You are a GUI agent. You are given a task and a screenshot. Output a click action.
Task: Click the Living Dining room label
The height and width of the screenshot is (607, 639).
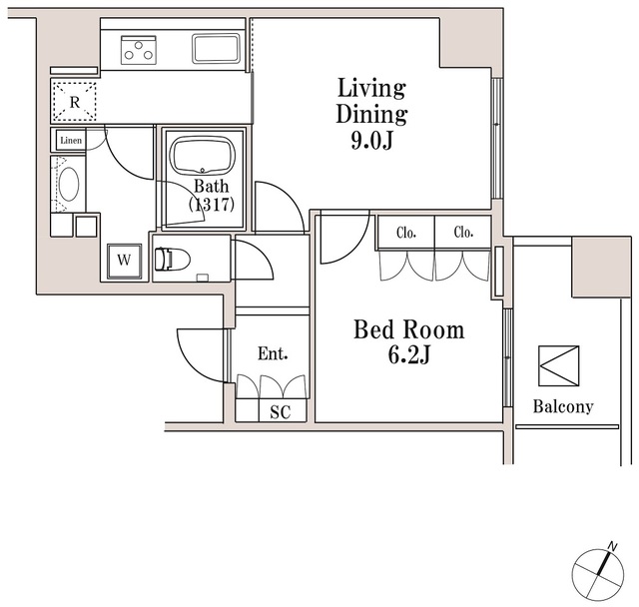tap(370, 100)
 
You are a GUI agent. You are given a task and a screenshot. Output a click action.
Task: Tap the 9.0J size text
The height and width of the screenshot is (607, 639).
tap(370, 141)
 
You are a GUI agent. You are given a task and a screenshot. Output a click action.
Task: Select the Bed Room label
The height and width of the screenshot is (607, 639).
tap(408, 329)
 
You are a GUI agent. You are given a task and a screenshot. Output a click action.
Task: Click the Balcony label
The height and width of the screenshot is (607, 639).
tap(562, 406)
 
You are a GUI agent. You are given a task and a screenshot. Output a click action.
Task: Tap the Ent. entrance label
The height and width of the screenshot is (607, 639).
tap(273, 353)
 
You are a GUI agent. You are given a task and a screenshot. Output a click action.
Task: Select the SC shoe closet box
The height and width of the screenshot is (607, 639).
tap(280, 411)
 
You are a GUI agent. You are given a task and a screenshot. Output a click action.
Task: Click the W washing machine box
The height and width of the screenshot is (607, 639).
tap(124, 260)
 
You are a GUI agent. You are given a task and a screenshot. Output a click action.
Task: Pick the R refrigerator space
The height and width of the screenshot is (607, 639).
tap(75, 101)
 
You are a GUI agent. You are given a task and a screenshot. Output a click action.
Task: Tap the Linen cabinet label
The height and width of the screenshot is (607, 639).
tap(71, 141)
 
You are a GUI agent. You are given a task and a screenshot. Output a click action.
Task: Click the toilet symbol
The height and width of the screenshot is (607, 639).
tap(172, 259)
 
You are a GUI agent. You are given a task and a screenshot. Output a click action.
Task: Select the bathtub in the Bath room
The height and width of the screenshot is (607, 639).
tap(202, 157)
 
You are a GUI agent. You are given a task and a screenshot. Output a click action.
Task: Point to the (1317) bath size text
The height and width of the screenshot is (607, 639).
tap(211, 204)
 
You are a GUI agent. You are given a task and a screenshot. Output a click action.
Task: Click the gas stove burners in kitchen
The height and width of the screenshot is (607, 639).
tap(139, 48)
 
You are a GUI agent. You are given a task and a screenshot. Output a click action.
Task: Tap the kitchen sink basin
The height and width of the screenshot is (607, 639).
tap(215, 48)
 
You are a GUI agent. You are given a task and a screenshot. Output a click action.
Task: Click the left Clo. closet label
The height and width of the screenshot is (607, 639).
tap(405, 233)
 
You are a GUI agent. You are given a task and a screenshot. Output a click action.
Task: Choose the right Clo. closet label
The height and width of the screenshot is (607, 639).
tap(462, 233)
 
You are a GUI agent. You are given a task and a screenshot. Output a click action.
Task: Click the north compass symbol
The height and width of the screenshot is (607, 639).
tap(599, 573)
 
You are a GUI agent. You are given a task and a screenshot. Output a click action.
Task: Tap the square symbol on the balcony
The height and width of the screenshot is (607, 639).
tap(558, 366)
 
